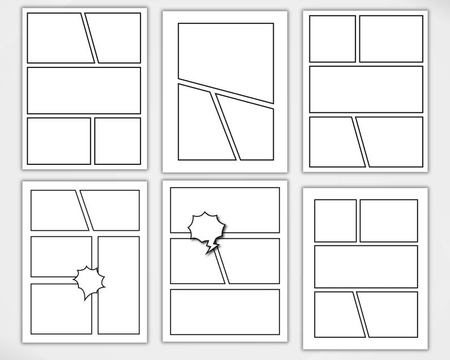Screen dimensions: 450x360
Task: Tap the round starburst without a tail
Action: coord(90,281)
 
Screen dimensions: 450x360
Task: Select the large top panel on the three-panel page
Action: coord(226,57)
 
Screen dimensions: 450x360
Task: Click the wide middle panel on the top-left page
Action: coord(84,90)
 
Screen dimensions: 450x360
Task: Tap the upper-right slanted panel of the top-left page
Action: coord(117,38)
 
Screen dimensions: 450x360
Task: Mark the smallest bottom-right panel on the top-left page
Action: coord(117,141)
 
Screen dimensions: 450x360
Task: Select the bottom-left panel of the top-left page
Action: coord(59,141)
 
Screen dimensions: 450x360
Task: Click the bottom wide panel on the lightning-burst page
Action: coord(225,312)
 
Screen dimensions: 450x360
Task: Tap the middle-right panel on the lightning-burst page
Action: coord(253,261)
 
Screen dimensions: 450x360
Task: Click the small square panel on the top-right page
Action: coord(332,39)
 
